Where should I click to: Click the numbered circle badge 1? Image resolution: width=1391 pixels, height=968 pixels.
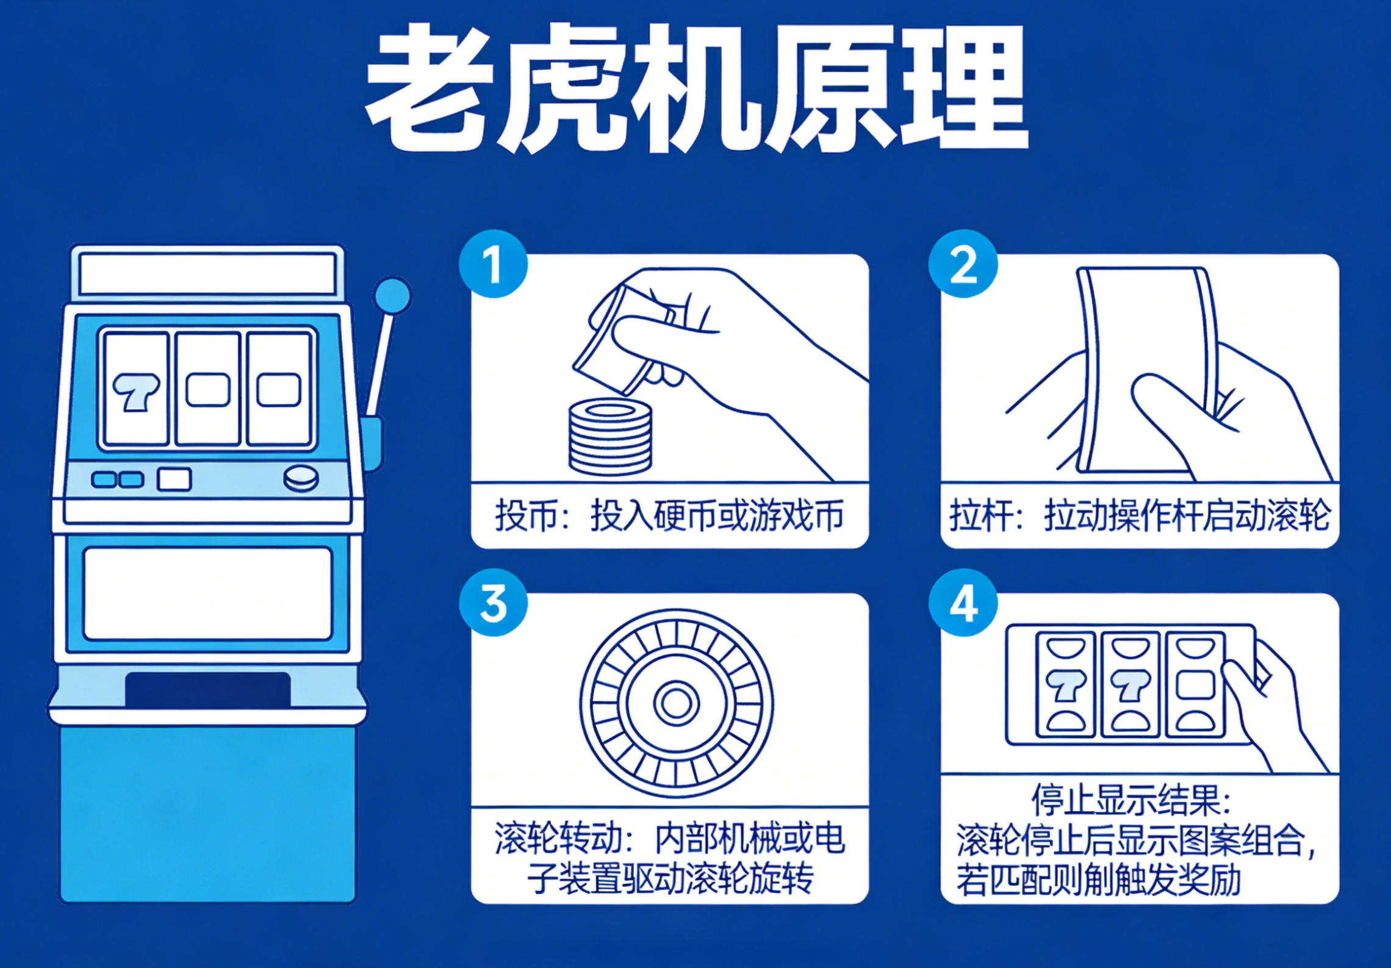(493, 264)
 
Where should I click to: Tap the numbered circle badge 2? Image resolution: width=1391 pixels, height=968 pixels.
(963, 264)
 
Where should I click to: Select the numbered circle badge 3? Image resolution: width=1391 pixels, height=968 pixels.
(493, 603)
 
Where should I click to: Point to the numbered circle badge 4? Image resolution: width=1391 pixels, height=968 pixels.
(963, 603)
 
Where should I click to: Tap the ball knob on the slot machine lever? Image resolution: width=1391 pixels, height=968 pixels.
(392, 296)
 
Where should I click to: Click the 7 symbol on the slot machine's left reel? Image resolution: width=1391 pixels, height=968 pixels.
(136, 391)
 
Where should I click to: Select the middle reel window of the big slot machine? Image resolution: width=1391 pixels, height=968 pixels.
(207, 389)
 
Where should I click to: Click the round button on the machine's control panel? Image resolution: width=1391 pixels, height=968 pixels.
(301, 478)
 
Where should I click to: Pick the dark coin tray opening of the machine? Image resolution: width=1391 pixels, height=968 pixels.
(207, 689)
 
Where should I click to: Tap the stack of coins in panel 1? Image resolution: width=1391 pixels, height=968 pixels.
(610, 437)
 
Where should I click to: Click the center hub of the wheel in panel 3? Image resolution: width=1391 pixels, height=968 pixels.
(676, 703)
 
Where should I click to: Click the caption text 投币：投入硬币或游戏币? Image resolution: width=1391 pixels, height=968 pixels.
(669, 516)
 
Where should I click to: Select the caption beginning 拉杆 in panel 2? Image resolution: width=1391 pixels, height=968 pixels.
(1139, 516)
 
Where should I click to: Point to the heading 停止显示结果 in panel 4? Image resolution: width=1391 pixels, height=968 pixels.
(1132, 800)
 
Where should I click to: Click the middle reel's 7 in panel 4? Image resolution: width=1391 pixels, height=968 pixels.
(1130, 686)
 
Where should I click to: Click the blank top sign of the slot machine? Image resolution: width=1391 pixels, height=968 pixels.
(207, 274)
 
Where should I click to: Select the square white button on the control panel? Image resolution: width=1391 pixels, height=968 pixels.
(174, 479)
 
